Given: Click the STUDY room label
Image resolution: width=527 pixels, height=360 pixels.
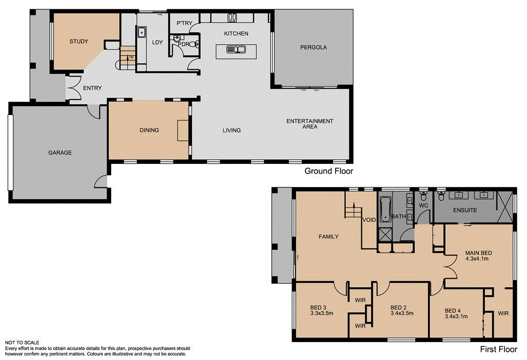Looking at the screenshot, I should coord(79,42).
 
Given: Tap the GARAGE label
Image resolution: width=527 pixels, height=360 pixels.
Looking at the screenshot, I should coord(60,152).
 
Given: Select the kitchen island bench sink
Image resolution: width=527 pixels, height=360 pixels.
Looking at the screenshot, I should coord(237,50).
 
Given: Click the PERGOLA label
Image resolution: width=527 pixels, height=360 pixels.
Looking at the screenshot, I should coord(314,47).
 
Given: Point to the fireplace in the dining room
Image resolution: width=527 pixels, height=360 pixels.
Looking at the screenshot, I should coord(183,130).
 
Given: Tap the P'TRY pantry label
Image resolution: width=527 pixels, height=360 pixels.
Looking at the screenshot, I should coord(184,23).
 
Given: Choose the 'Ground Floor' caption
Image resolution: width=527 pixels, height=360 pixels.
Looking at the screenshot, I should coord(328,171).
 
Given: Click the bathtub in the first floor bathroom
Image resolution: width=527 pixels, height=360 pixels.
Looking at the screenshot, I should coord(385,211).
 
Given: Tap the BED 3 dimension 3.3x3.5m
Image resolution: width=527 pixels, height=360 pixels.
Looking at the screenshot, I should coord(322,312).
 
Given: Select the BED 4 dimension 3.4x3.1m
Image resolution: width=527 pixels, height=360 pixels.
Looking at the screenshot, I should coord(455,317).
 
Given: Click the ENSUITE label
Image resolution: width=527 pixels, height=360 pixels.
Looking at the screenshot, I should coord(465,210).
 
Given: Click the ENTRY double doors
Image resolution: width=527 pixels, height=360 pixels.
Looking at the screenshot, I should coord(72,88).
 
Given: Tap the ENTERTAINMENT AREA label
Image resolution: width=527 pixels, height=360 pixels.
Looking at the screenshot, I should coord(310,124).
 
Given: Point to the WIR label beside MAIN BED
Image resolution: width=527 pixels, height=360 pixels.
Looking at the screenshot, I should coord(503,313).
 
